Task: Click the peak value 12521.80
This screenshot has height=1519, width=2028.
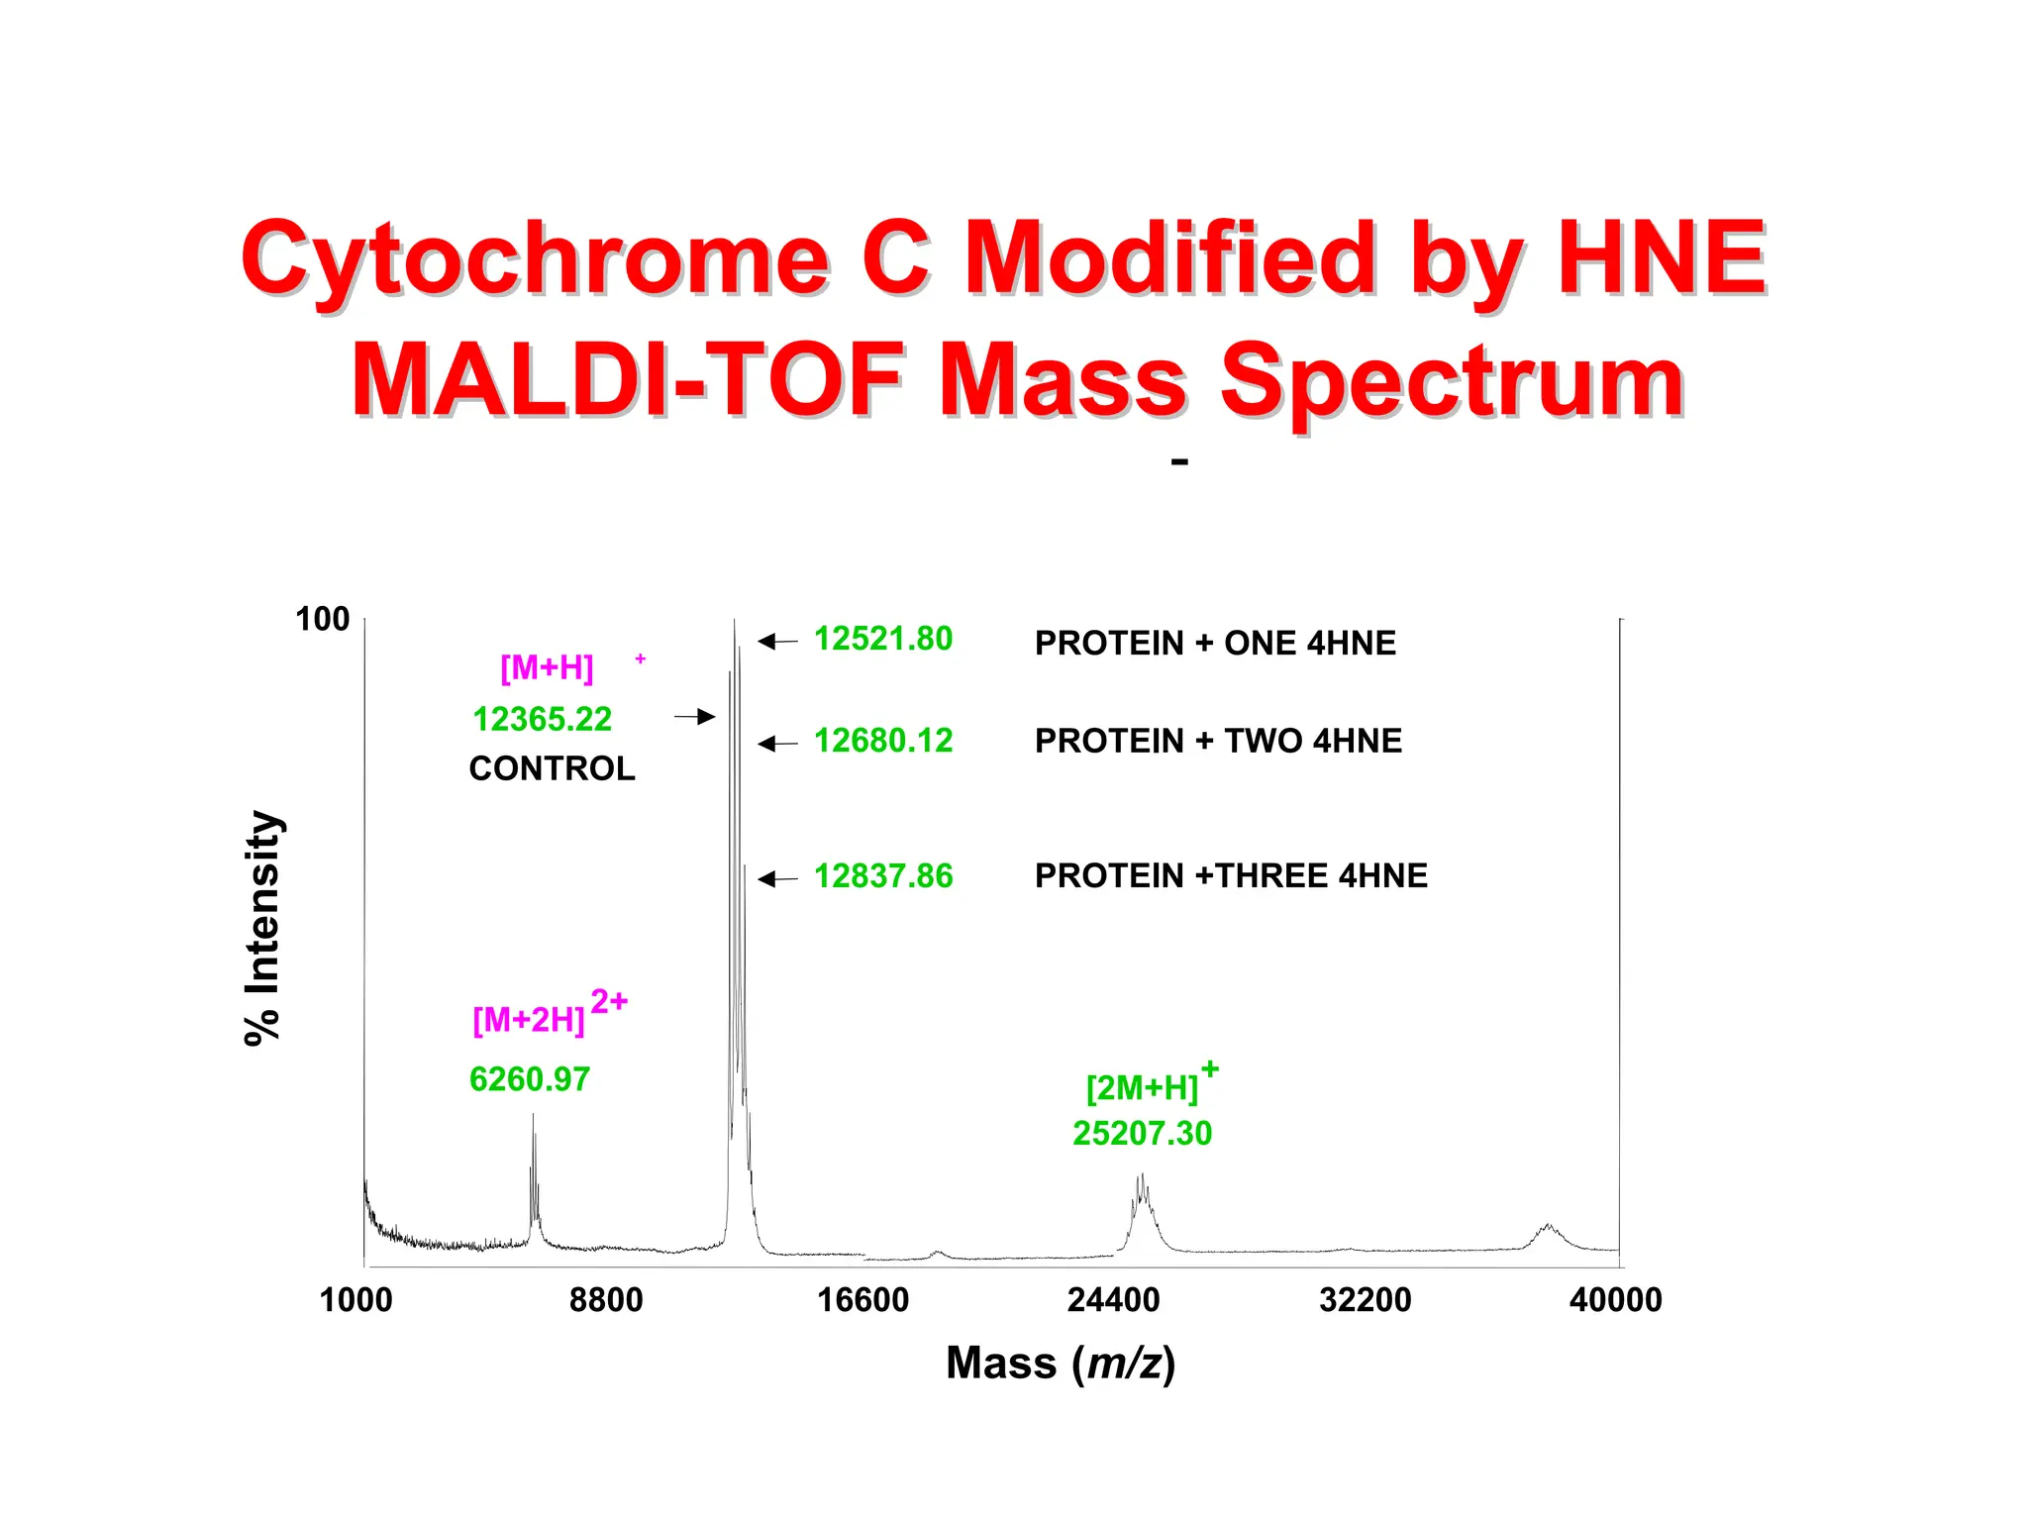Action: (882, 640)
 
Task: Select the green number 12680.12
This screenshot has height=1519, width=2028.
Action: (882, 741)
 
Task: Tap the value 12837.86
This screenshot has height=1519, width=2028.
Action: (882, 876)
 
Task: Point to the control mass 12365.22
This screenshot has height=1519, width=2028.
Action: (542, 719)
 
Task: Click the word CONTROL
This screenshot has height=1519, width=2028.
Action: (552, 768)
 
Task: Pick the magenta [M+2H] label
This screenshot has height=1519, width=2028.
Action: (529, 1019)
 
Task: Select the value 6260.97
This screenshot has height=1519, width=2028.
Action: (529, 1079)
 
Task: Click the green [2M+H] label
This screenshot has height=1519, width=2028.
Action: (1142, 1088)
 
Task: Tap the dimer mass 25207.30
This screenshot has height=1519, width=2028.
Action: (1142, 1134)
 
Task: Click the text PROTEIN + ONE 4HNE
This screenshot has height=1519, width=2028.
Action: (1215, 644)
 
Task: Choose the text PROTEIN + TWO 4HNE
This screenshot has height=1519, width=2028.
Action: (1218, 741)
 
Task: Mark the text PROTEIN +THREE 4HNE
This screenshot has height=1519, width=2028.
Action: (1231, 876)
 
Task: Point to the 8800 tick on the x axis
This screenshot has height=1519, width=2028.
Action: (606, 1300)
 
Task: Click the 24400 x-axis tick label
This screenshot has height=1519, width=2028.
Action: (1113, 1300)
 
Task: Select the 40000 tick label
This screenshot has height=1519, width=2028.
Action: (1615, 1300)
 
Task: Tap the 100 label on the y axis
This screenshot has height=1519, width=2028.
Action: (323, 620)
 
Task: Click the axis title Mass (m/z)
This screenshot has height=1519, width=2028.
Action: (1061, 1364)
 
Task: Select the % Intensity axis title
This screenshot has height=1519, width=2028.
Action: (263, 928)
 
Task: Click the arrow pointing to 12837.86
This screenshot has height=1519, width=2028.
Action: (778, 878)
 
